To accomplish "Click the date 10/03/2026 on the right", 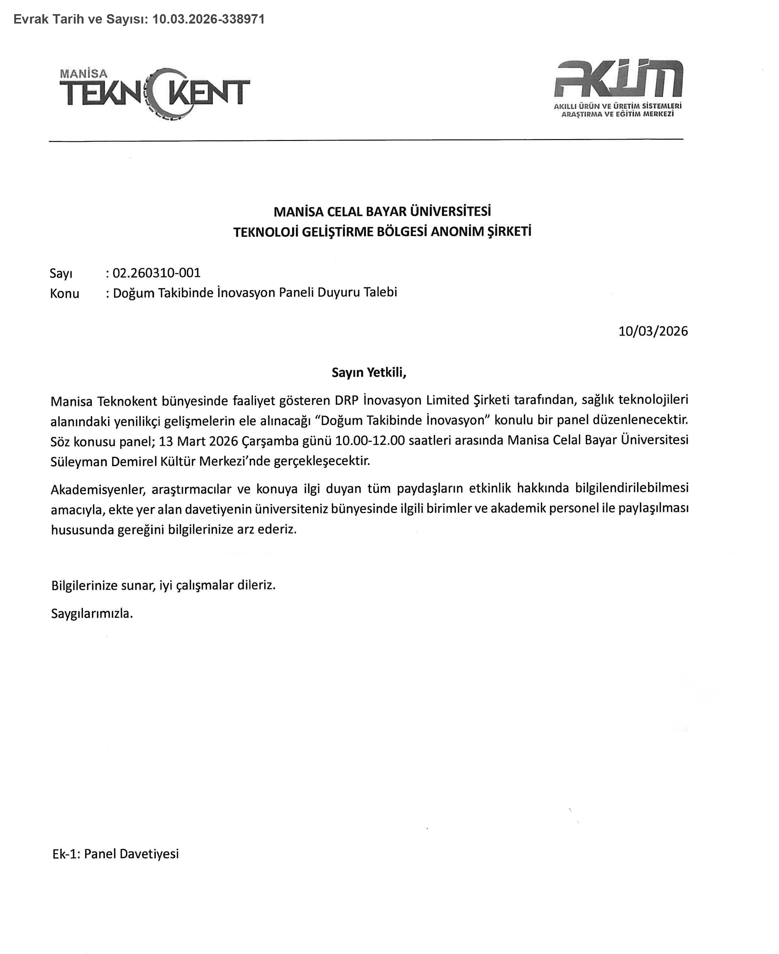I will coord(653,331).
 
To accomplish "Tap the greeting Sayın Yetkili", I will coord(369,372).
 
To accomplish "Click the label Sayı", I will coord(61,273).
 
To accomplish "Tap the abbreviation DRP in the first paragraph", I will coord(346,400).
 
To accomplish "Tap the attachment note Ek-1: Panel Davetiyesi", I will coord(115,854).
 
